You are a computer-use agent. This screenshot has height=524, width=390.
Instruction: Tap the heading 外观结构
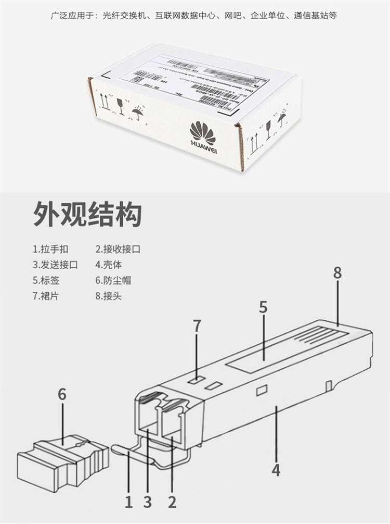[87, 214]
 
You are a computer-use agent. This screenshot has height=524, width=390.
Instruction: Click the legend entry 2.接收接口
[118, 249]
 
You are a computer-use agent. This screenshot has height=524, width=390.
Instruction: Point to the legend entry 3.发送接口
[55, 265]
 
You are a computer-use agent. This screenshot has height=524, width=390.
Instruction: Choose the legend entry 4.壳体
[109, 265]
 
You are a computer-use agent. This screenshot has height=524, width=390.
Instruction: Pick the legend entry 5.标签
[46, 280]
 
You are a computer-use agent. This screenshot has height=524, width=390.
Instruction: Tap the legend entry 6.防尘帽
[113, 280]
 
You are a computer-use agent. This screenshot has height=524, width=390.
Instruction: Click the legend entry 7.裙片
[46, 296]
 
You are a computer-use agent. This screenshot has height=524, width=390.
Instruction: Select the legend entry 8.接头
[109, 296]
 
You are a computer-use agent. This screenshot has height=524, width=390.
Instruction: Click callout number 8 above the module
[337, 273]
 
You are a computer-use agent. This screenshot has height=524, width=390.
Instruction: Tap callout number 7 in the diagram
[197, 326]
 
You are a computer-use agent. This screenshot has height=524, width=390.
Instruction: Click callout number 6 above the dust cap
[62, 394]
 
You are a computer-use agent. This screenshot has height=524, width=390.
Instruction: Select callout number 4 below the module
[276, 470]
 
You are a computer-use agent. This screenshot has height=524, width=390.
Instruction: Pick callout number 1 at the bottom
[129, 502]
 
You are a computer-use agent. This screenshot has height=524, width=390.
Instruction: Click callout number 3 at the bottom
[148, 502]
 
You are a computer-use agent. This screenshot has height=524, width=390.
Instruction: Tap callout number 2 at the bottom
[172, 502]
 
